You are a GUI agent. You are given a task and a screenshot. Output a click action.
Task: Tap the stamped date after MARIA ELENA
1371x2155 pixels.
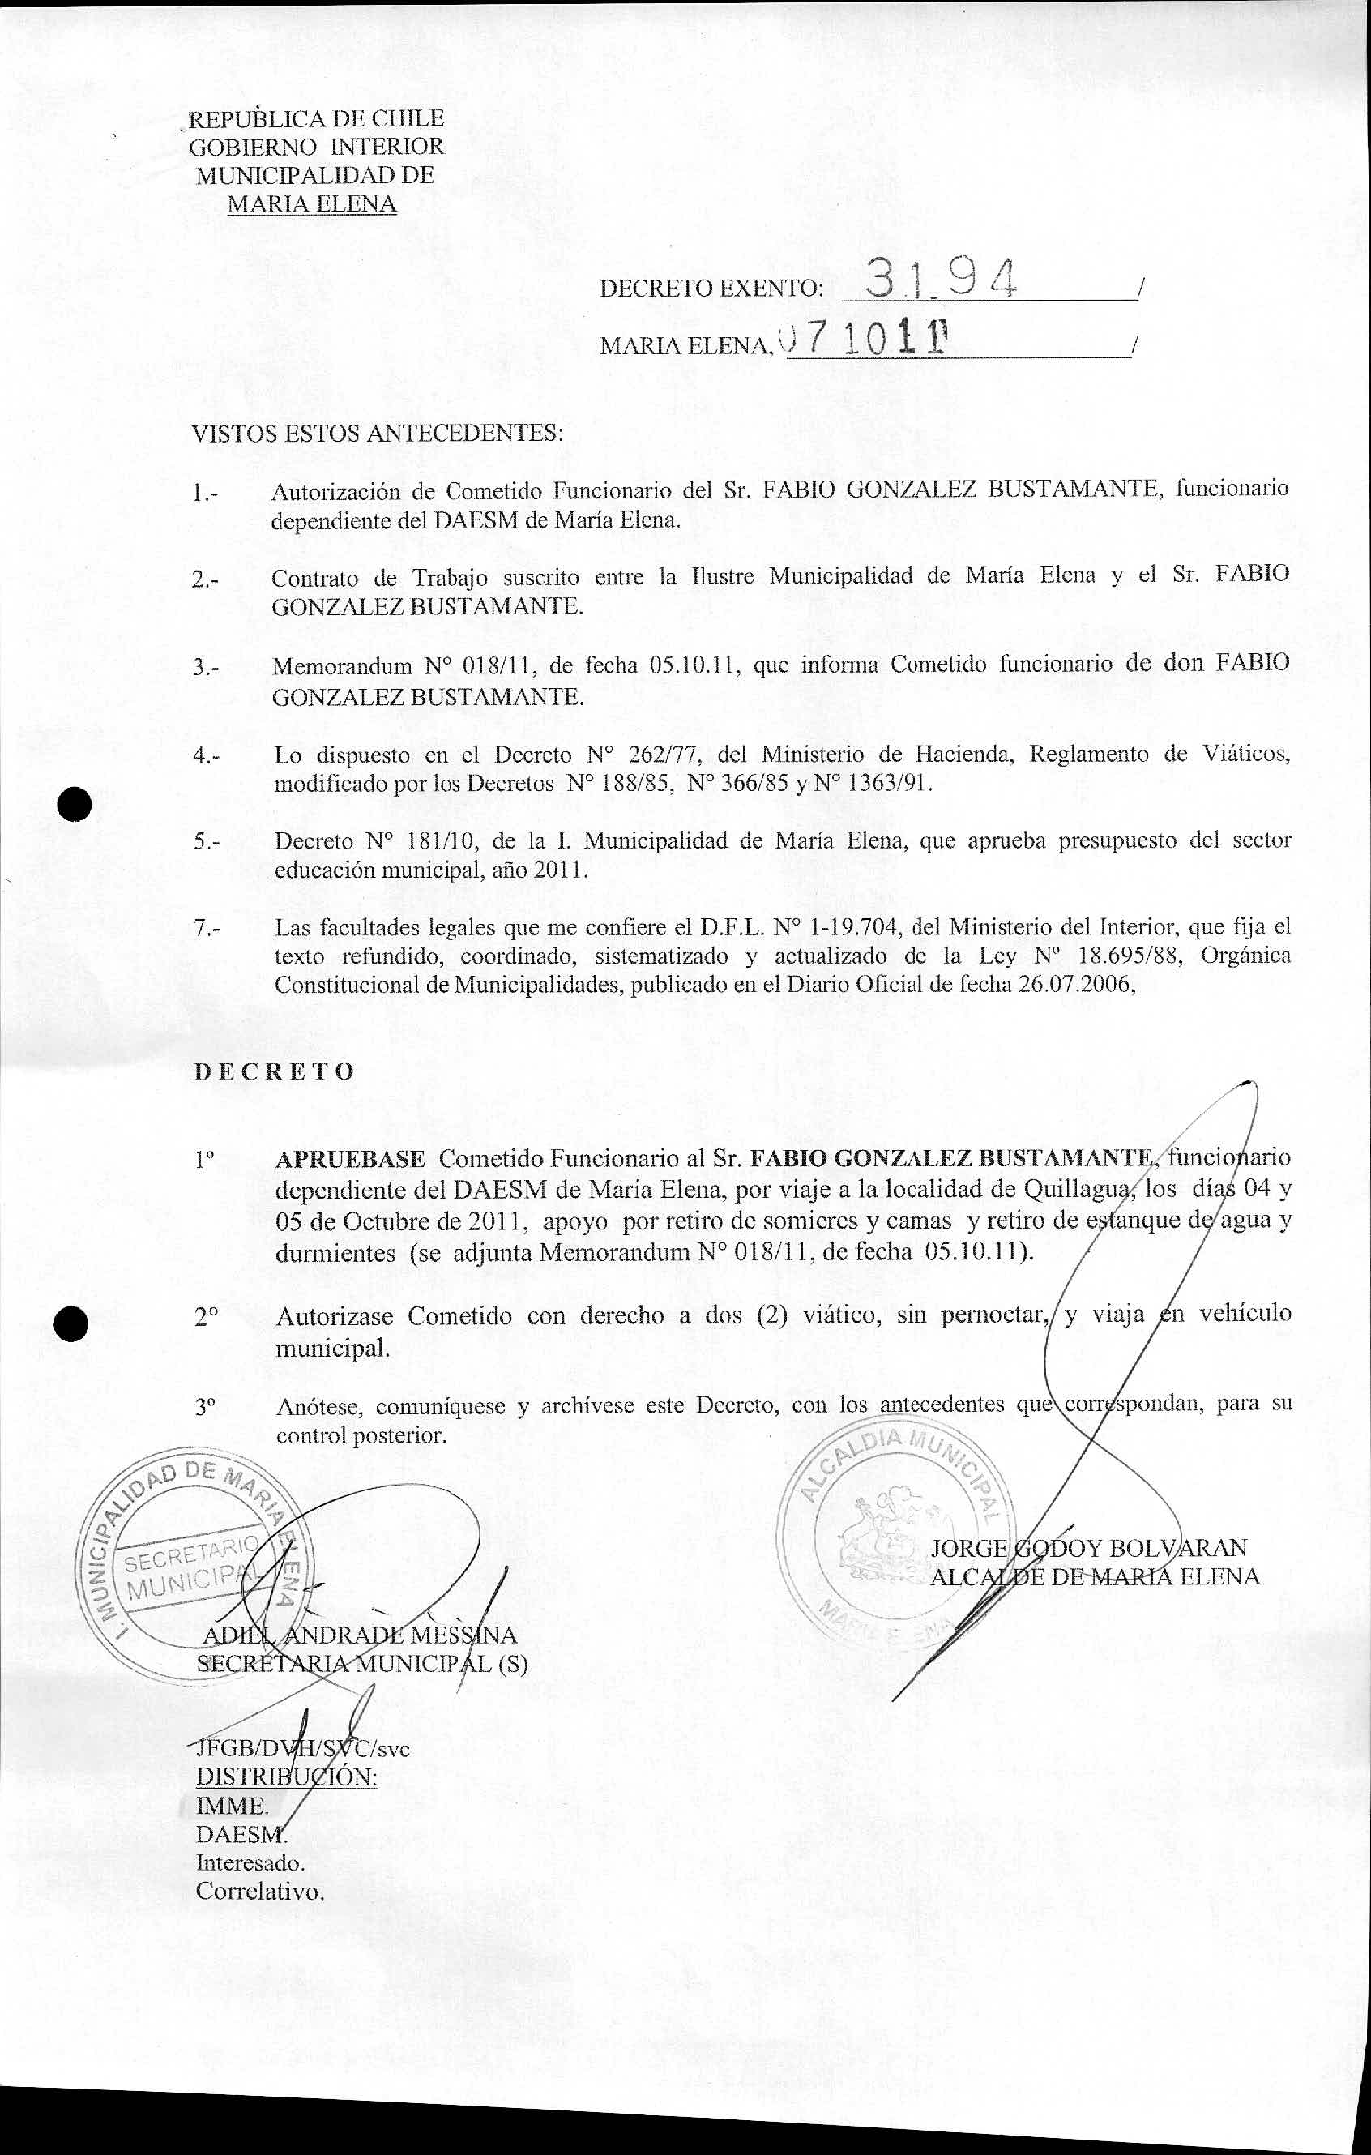[864, 341]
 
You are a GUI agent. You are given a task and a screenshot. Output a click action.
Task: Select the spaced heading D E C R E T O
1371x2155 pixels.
[274, 1071]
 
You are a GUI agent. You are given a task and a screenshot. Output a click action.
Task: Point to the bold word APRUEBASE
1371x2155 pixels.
[350, 1159]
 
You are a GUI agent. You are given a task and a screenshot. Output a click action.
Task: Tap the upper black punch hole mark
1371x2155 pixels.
[76, 802]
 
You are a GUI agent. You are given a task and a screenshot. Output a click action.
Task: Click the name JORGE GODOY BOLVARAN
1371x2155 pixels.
[1088, 1548]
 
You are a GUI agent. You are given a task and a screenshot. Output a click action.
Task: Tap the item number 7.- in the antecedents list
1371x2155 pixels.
[206, 928]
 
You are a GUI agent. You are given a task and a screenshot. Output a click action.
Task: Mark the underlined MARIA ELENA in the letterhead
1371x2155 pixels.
[311, 204]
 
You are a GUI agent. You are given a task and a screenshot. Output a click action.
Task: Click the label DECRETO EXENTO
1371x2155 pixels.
[710, 289]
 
